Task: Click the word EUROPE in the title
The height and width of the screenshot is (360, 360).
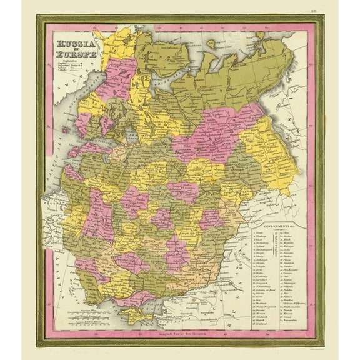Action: pos(78,53)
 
